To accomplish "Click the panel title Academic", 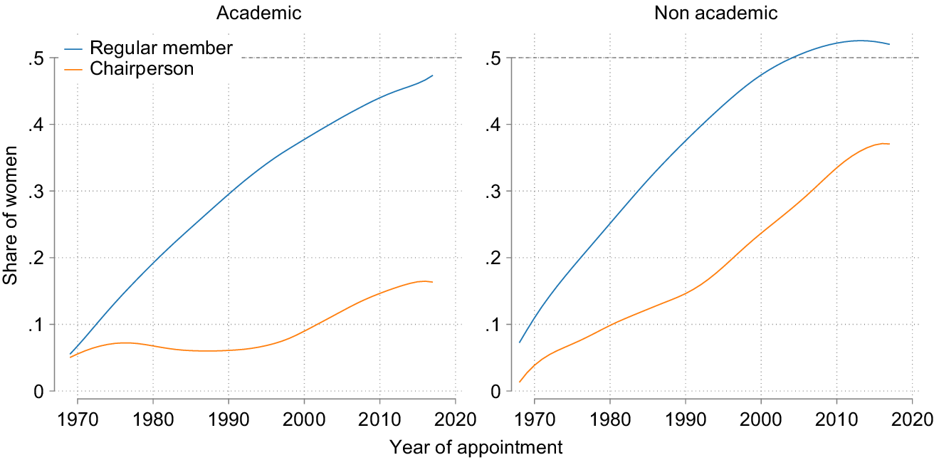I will pyautogui.click(x=259, y=13).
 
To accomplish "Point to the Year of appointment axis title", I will pyautogui.click(x=476, y=447).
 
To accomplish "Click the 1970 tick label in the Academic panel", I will pyautogui.click(x=77, y=417).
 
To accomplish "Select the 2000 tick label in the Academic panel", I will pyautogui.click(x=304, y=417).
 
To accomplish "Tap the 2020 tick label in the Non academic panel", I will pyautogui.click(x=913, y=417).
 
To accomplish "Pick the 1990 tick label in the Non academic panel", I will pyautogui.click(x=686, y=417).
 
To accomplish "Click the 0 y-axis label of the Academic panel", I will pyautogui.click(x=39, y=392).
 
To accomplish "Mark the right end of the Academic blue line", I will pyautogui.click(x=432, y=75).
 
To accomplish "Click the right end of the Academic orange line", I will pyautogui.click(x=432, y=283).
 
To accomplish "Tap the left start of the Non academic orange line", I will pyautogui.click(x=520, y=382).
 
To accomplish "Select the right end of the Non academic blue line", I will pyautogui.click(x=889, y=44).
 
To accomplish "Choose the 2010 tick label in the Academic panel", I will pyautogui.click(x=379, y=417).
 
